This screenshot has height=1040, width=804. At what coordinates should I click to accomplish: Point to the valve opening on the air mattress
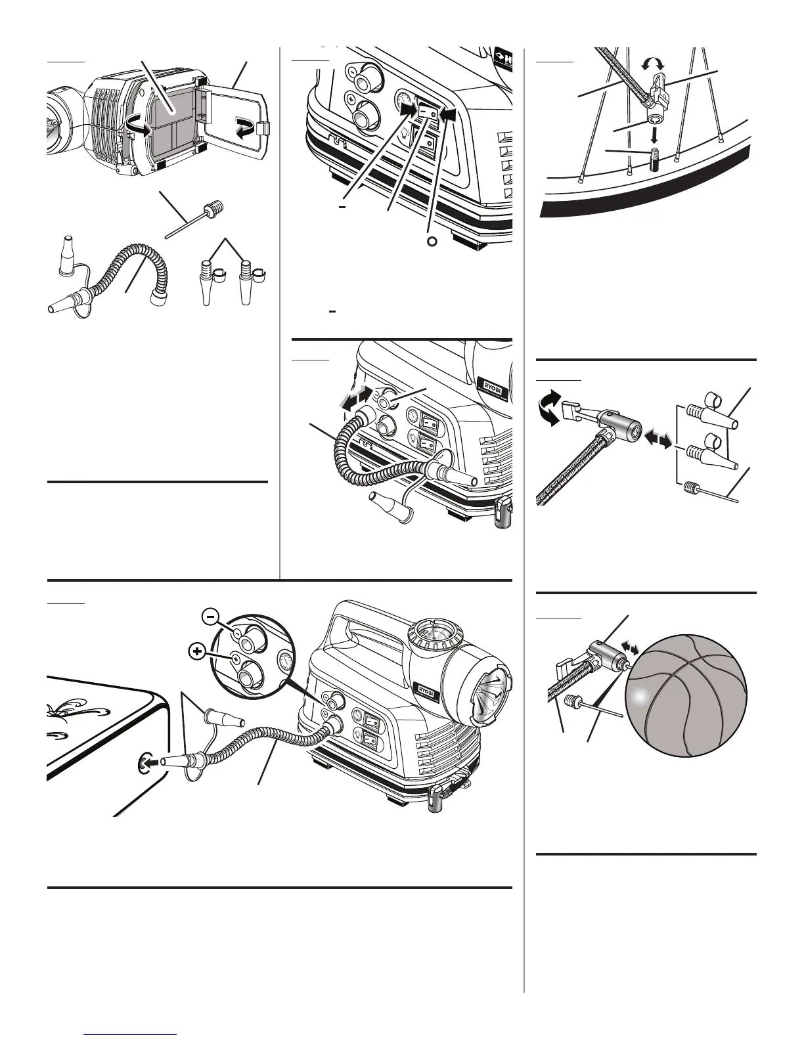[x=144, y=764]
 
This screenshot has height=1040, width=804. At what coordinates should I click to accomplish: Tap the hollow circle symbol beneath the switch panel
[x=431, y=241]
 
